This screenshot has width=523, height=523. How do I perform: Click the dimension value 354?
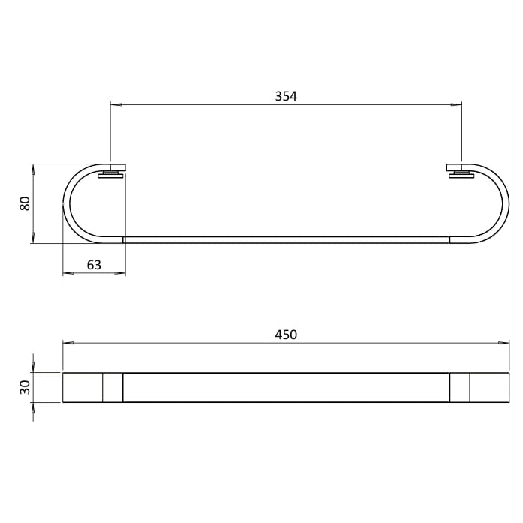[x=286, y=95]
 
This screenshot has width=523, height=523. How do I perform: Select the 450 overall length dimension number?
[x=286, y=335]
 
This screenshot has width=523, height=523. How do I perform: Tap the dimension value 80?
[x=25, y=203]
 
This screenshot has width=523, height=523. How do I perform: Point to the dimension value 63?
[x=94, y=263]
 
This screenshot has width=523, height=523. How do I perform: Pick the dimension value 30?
[x=25, y=387]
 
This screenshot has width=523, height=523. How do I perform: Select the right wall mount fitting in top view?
[x=458, y=171]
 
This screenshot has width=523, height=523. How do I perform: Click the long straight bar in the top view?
[x=286, y=239]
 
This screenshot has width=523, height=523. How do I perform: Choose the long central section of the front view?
[x=286, y=387]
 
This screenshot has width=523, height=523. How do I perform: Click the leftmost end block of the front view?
[x=82, y=387]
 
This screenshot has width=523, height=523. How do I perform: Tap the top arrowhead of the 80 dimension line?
[x=34, y=167]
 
